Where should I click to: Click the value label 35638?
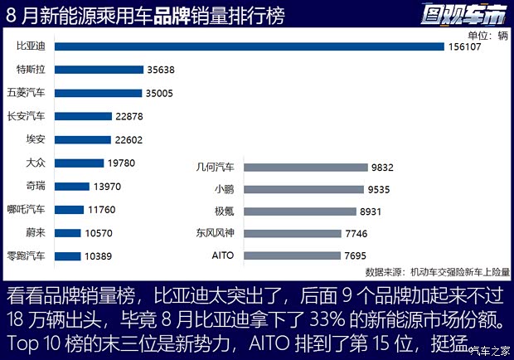click(x=160, y=71)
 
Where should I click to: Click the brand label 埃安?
click(x=37, y=140)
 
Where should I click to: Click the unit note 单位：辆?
click(x=487, y=36)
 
